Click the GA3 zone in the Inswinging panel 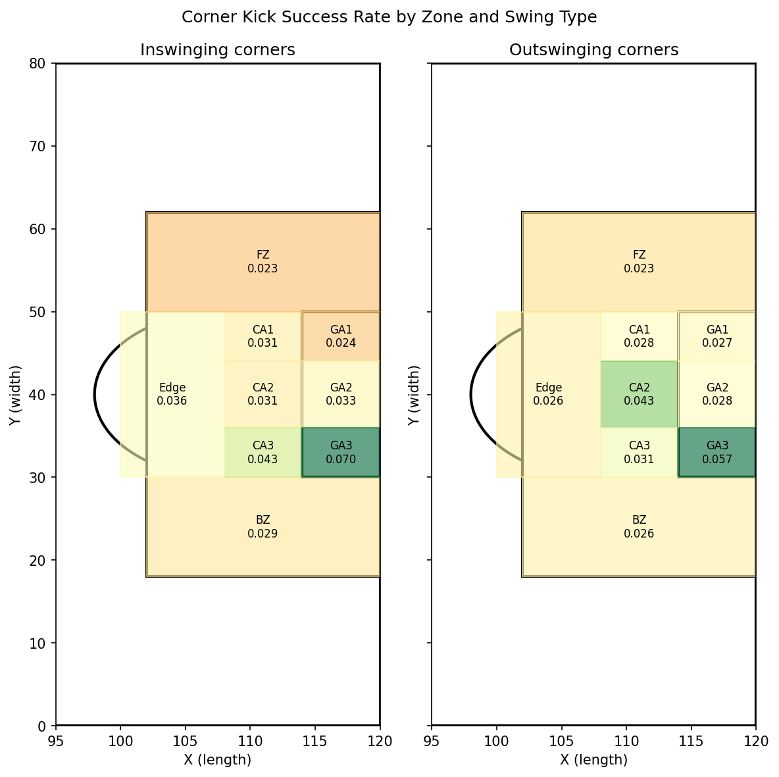341,452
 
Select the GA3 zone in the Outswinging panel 716,452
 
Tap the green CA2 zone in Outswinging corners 639,394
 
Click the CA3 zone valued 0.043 263,452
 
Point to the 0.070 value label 341,459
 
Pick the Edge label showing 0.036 172,394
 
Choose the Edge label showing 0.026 548,394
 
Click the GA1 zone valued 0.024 341,336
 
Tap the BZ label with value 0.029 263,527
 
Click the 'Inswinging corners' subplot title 217,50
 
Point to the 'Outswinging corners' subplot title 593,50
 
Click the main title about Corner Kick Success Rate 389,17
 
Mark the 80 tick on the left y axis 41,64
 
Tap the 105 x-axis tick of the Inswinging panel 185,741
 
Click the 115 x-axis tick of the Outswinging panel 691,741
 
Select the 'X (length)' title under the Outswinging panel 593,760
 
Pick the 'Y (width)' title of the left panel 15,395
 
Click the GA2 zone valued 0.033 341,394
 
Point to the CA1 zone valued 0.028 639,336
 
